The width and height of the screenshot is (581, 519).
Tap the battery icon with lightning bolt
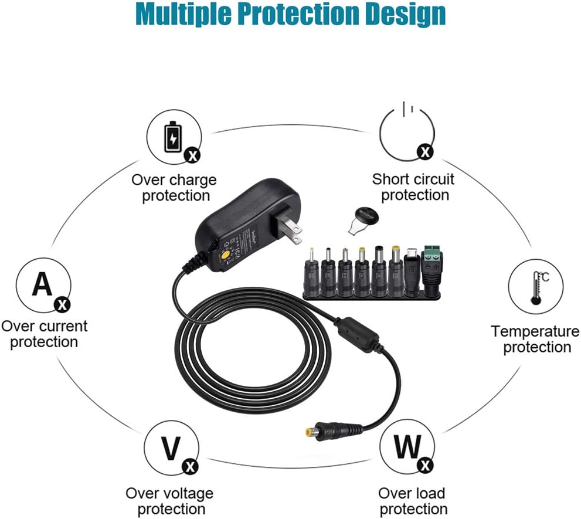173,137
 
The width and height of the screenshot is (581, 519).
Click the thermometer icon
538,288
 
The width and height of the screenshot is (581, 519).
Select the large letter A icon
42,284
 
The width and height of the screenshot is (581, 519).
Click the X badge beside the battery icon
193,156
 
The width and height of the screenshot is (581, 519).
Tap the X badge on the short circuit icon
425,152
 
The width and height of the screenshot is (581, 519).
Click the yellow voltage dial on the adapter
224,256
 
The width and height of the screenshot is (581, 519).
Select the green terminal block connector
433,270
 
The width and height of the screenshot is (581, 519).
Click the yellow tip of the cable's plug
308,431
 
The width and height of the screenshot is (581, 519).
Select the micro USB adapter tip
412,272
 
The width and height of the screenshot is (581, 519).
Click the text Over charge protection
174,188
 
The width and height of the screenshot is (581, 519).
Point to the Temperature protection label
535,339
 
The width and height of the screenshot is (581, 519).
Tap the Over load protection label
412,501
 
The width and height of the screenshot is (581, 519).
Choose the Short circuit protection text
413,187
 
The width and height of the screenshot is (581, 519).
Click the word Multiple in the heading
182,15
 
